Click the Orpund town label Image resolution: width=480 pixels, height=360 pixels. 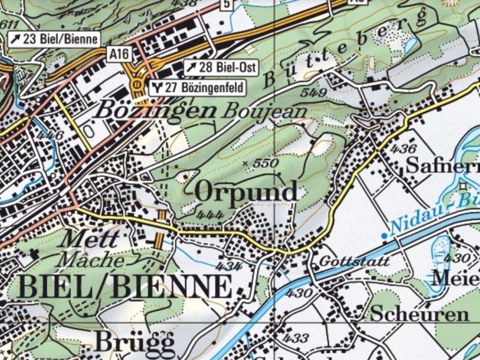pyautogui.click(x=246, y=192)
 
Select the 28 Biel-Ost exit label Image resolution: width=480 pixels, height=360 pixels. pyautogui.click(x=221, y=67)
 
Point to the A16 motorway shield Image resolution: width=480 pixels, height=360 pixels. pyautogui.click(x=118, y=54)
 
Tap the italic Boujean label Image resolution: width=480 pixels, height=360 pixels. pyautogui.click(x=264, y=111)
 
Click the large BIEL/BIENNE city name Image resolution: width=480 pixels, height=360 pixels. pyautogui.click(x=125, y=287)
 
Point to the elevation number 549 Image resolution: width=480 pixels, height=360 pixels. pyautogui.click(x=313, y=93)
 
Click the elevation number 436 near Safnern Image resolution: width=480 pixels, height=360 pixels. pyautogui.click(x=403, y=149)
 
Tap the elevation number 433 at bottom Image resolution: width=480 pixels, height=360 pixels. pyautogui.click(x=295, y=338)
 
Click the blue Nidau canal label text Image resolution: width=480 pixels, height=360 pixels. pyautogui.click(x=434, y=211)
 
